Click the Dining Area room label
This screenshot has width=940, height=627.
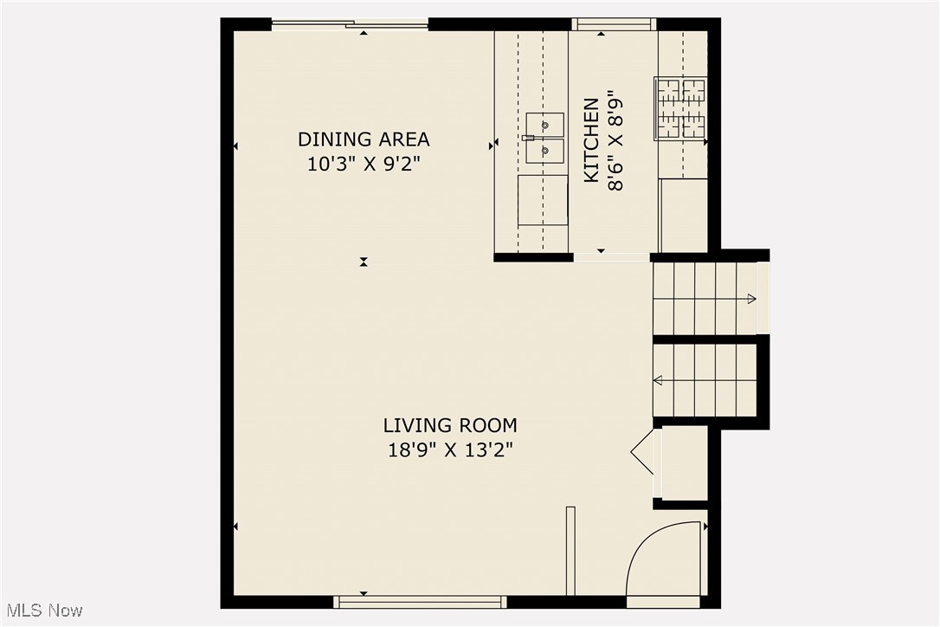[364, 139]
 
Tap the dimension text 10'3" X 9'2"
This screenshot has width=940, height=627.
[364, 165]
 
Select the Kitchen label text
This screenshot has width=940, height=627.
[591, 140]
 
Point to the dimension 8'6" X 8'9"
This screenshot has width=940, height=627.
[616, 140]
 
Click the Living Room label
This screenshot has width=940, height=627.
[450, 425]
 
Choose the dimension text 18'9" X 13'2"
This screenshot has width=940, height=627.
[450, 449]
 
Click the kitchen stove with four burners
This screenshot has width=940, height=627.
[680, 108]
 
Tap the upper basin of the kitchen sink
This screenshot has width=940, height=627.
[545, 125]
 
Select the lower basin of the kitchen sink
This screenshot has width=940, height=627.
[545, 151]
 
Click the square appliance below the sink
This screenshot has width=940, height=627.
[543, 200]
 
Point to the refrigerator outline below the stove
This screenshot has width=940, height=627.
[684, 215]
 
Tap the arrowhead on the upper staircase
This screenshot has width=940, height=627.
[751, 299]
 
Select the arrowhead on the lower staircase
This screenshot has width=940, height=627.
[658, 379]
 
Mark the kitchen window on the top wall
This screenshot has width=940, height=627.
[614, 24]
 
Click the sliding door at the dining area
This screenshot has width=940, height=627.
[351, 25]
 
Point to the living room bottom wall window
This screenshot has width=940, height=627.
[421, 601]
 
